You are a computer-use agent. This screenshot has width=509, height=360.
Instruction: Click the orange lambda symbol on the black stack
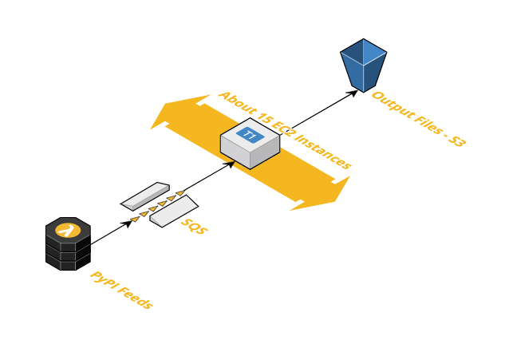coord(68,231)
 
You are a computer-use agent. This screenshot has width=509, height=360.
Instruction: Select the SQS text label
coord(194,226)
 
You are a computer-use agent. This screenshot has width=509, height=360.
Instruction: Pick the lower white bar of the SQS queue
coord(174,210)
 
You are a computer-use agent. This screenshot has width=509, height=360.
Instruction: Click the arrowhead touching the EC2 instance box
coord(231,164)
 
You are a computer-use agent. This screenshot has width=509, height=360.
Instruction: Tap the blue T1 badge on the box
coord(250,135)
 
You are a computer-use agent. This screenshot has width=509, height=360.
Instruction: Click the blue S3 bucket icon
coord(363,65)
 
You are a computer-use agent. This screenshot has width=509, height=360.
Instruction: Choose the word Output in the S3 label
coord(391,106)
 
